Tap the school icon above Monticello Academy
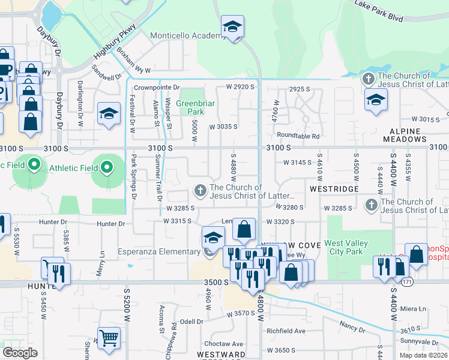click(232, 28)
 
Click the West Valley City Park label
click(343, 247)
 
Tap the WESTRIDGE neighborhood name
click(334, 188)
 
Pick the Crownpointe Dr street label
click(157, 87)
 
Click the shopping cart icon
click(108, 338)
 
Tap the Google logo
click(20, 352)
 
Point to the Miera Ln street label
click(414, 309)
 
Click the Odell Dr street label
click(192, 322)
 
